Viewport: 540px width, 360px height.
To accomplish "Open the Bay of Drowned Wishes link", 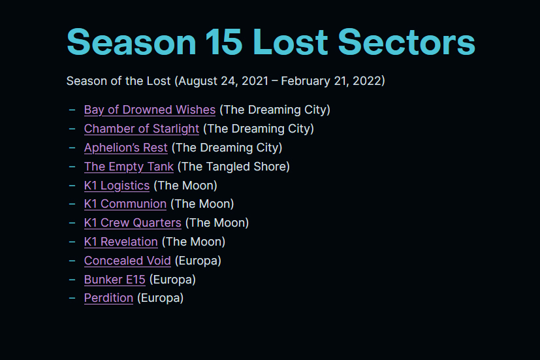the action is pyautogui.click(x=150, y=110).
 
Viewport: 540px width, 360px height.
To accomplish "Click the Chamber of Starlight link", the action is pyautogui.click(x=142, y=129).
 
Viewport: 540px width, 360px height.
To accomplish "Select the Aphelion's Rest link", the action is pyautogui.click(x=126, y=148).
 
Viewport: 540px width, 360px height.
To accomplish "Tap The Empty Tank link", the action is pyautogui.click(x=129, y=167).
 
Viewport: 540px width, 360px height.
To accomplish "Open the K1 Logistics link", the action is pyautogui.click(x=117, y=186).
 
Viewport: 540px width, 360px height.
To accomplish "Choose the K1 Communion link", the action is pyautogui.click(x=125, y=204).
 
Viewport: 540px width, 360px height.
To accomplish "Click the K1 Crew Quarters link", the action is pyautogui.click(x=133, y=223).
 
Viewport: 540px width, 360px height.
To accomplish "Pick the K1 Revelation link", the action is pyautogui.click(x=121, y=242).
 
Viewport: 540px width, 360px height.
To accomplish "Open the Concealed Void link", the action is pyautogui.click(x=127, y=261).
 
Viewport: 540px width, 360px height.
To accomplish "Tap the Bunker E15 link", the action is pyautogui.click(x=115, y=280).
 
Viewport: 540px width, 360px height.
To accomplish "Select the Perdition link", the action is pyautogui.click(x=108, y=298).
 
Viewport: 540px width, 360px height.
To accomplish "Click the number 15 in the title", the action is pyautogui.click(x=224, y=42).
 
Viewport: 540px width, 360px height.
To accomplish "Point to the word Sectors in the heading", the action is pyautogui.click(x=407, y=42).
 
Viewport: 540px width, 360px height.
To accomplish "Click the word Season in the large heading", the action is pyautogui.click(x=131, y=42).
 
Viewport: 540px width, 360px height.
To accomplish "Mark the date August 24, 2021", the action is pyautogui.click(x=223, y=81).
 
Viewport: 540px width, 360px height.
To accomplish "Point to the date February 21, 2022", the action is pyautogui.click(x=330, y=81).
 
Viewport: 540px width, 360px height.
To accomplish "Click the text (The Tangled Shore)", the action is pyautogui.click(x=234, y=167).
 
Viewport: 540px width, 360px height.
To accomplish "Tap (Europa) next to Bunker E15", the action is pyautogui.click(x=172, y=280).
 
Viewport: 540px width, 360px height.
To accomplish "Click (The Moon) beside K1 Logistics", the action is pyautogui.click(x=185, y=186).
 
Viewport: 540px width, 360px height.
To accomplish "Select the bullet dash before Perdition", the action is pyautogui.click(x=72, y=298).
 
